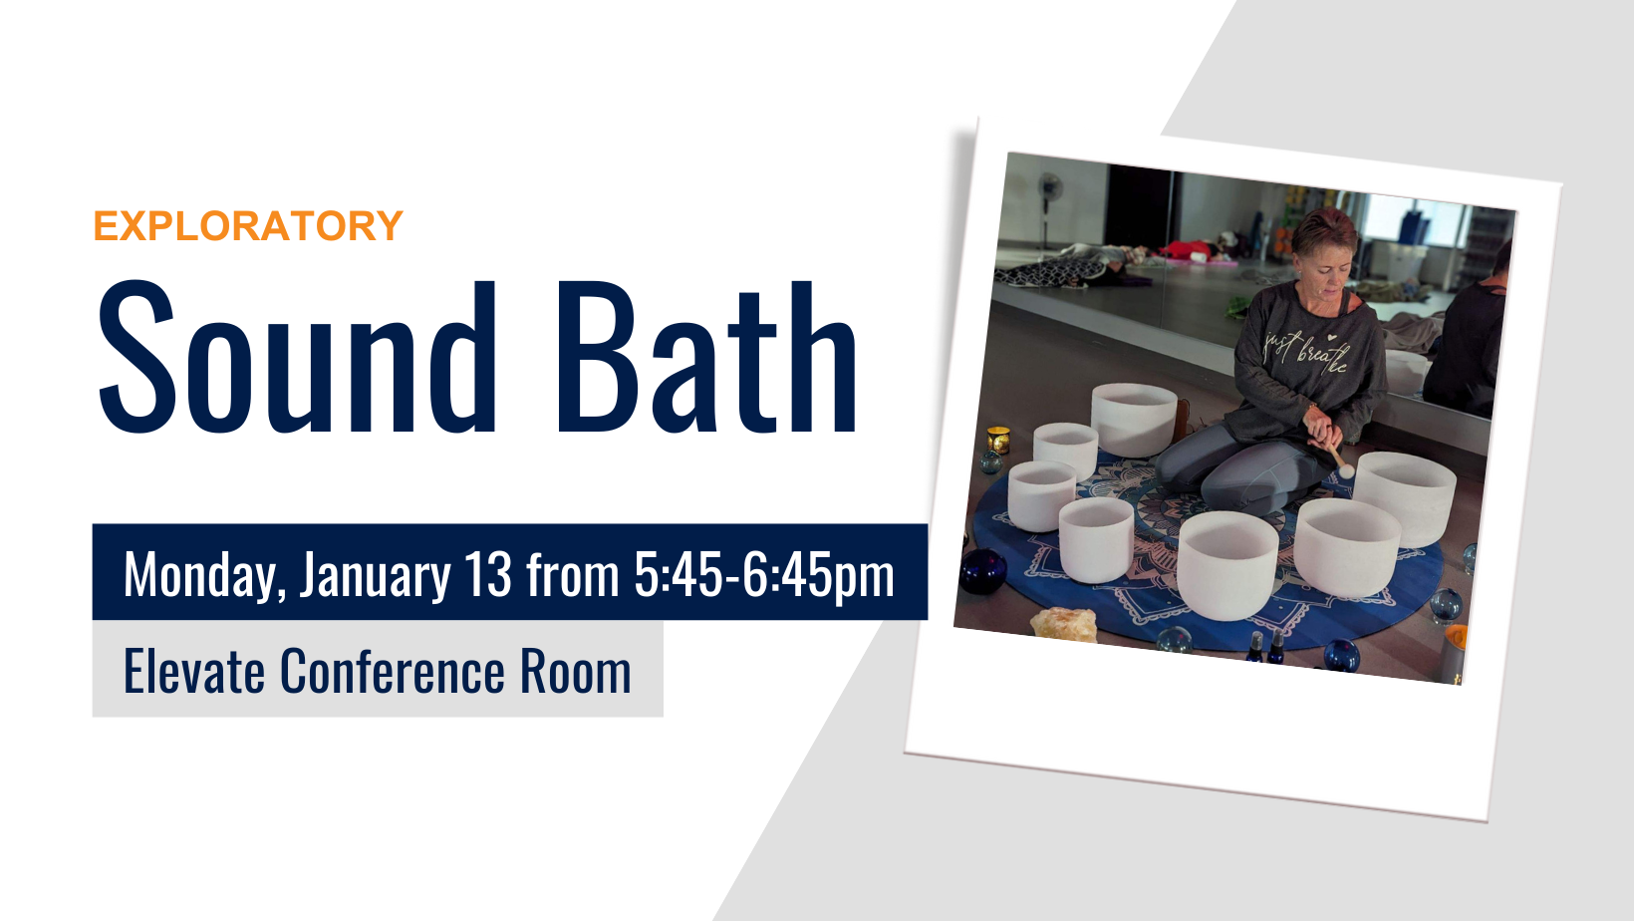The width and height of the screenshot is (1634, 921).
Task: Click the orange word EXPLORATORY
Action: click(248, 225)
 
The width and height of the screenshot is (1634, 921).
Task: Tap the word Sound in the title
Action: click(298, 357)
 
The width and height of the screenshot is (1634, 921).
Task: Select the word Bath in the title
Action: click(706, 357)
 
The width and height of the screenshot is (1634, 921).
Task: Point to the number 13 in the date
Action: click(488, 574)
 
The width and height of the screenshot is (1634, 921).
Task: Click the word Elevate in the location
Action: click(194, 671)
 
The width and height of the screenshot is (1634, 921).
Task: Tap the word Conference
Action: click(393, 671)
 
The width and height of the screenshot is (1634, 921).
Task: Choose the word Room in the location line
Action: click(576, 671)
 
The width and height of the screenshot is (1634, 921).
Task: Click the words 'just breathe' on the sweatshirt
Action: click(1306, 350)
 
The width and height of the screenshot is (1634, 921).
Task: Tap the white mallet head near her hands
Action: click(1346, 470)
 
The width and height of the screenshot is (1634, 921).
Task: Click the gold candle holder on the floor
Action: click(997, 440)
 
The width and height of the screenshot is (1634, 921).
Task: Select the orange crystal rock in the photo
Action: click(1064, 625)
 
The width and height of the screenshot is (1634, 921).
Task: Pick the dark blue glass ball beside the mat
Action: click(983, 571)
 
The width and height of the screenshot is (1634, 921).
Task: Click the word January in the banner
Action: click(375, 575)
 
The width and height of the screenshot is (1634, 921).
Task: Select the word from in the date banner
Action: click(573, 574)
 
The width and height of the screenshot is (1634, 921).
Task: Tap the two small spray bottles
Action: click(1264, 647)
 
